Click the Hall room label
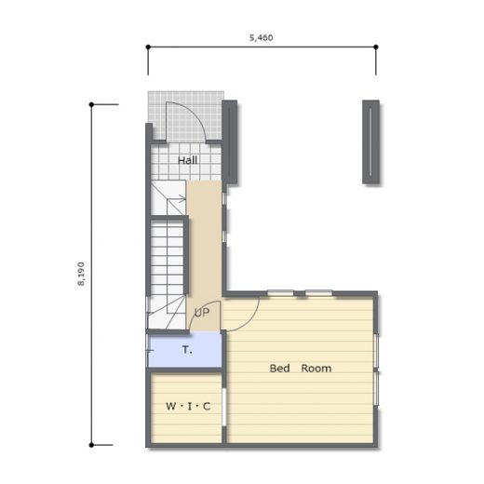point(187,160)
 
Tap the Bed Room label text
point(301,369)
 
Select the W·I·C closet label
point(188,406)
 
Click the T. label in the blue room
point(187,350)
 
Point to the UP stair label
point(202,313)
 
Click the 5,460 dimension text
point(262,38)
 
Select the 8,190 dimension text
point(81,274)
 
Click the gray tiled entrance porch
point(185,115)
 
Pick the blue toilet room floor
point(185,349)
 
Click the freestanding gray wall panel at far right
point(371,141)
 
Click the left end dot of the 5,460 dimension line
point(148,47)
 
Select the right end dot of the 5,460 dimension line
point(376,47)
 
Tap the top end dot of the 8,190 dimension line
point(91,104)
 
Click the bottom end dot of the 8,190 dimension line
point(91,445)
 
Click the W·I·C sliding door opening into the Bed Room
point(224,407)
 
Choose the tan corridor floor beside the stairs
point(204,249)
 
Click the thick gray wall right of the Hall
point(230,141)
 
